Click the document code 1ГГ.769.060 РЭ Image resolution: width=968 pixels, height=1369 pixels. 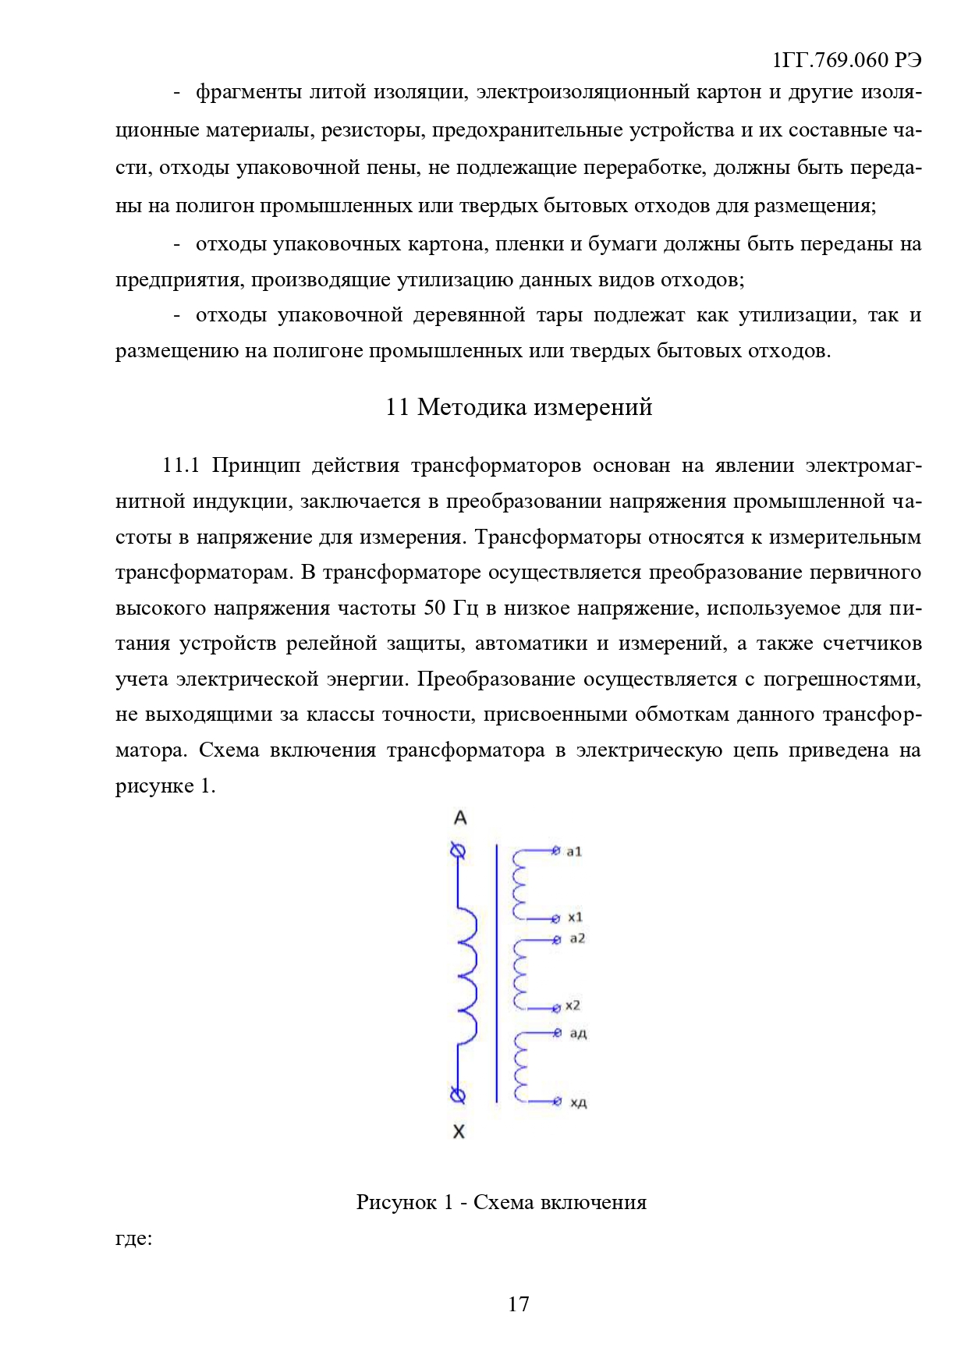846,60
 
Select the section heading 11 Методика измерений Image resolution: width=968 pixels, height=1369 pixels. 519,407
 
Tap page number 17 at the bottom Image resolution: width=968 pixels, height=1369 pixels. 518,1304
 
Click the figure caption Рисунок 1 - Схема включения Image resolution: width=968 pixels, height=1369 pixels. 502,1202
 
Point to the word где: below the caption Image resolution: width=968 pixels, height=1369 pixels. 133,1238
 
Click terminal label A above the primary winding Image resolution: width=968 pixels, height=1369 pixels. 460,818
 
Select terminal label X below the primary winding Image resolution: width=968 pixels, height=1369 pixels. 459,1132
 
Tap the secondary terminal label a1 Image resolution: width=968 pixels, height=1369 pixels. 574,852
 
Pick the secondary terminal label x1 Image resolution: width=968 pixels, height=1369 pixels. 575,917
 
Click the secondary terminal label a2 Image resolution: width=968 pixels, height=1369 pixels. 576,938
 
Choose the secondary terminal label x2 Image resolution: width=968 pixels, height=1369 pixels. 573,1005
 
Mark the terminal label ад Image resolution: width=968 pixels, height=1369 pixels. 578,1034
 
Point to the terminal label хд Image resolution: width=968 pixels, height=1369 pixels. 578,1102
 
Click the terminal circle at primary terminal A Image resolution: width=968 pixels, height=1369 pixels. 459,851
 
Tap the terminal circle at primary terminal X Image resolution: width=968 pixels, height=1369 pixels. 459,1096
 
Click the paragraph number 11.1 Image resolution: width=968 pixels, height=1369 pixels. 181,466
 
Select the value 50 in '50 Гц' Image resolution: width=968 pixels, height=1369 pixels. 435,608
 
